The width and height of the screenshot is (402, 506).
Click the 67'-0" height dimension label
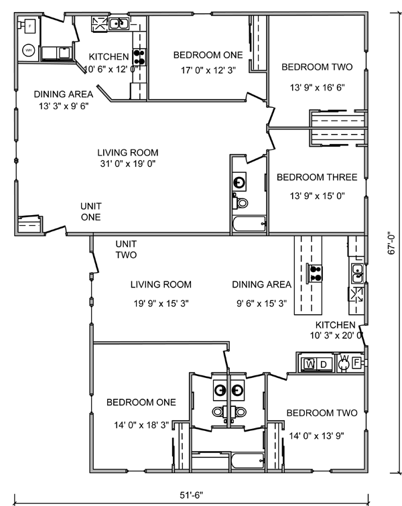391,243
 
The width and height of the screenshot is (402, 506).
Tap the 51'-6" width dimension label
192,495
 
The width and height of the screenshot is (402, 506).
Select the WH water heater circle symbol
28,50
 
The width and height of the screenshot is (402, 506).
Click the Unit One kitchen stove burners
139,57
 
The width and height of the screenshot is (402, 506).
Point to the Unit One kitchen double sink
119,23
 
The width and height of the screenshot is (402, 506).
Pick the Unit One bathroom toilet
240,202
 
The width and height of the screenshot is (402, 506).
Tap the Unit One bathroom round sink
239,182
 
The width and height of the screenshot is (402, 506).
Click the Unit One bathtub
249,224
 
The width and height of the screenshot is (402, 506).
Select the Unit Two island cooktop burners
314,273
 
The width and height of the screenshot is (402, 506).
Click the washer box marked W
309,364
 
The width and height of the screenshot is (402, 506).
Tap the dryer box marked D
324,364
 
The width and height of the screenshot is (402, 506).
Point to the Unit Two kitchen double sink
358,273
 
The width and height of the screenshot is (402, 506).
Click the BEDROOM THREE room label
317,177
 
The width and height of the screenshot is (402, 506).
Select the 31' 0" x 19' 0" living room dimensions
128,164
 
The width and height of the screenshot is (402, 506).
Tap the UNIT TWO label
126,249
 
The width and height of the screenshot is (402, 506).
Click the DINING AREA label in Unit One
64,94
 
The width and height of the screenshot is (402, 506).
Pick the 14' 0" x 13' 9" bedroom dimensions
316,436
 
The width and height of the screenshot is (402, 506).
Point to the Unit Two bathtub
249,460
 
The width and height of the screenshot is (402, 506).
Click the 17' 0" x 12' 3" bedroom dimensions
208,70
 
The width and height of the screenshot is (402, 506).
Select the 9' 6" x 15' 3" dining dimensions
262,304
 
